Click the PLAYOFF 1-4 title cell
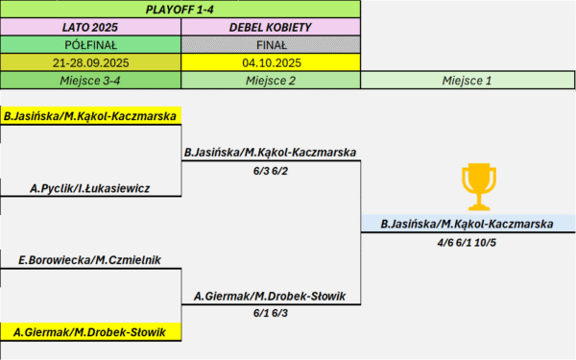tap(180, 10)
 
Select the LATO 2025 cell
tap(90, 27)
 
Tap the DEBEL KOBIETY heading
tap(271, 27)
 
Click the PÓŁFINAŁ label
tap(90, 45)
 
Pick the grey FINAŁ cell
tap(271, 45)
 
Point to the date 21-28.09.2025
tap(90, 62)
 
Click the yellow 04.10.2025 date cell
tap(271, 62)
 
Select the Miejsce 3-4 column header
tap(90, 81)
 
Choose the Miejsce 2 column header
tap(271, 81)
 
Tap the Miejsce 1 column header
tap(468, 81)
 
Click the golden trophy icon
tap(479, 187)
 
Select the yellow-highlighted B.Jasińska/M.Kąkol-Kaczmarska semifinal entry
tap(90, 116)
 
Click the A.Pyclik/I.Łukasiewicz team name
tap(90, 188)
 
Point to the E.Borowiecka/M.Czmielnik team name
tap(90, 260)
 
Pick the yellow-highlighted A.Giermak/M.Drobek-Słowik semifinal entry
tap(90, 332)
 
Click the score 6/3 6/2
tap(271, 171)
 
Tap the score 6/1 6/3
tap(271, 313)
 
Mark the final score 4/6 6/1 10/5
tap(467, 243)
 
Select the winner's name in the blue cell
tap(468, 224)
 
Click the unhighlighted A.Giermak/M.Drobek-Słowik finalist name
tap(270, 296)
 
